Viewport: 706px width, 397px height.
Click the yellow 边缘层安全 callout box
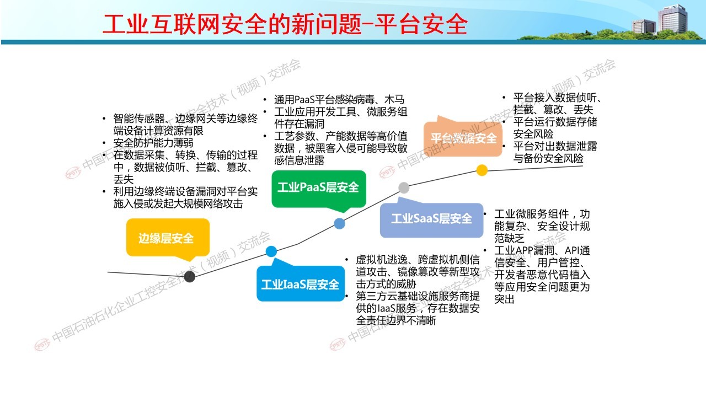[x=168, y=238]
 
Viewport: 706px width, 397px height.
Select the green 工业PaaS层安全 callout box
[x=319, y=189]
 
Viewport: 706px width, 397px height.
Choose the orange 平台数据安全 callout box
[x=463, y=138]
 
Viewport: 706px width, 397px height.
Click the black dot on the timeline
[x=189, y=277]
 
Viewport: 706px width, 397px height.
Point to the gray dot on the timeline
[x=404, y=187]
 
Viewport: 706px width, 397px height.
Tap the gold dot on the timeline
[x=482, y=170]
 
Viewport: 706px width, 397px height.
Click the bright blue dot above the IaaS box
[x=271, y=251]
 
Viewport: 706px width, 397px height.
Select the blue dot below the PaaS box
[x=339, y=224]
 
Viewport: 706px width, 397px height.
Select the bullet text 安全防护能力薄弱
[x=153, y=143]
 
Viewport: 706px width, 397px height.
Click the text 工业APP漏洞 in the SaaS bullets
[x=524, y=250]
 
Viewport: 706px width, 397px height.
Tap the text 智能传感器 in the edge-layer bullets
[x=139, y=119]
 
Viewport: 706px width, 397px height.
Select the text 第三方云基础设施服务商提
[x=418, y=296]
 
